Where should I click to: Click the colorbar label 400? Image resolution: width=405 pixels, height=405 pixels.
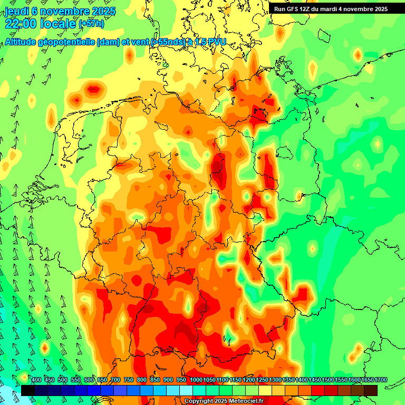36,380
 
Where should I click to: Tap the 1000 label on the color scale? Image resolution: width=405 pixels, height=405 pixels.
196,380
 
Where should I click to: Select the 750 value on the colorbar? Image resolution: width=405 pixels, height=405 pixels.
129,380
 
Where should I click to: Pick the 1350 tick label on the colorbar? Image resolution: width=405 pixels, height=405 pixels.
289,380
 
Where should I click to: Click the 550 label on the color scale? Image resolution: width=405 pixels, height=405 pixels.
76,380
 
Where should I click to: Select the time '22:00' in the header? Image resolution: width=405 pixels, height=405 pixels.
21,23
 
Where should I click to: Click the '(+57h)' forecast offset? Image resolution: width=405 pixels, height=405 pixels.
91,24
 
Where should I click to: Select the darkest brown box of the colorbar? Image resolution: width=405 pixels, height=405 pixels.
371,390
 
